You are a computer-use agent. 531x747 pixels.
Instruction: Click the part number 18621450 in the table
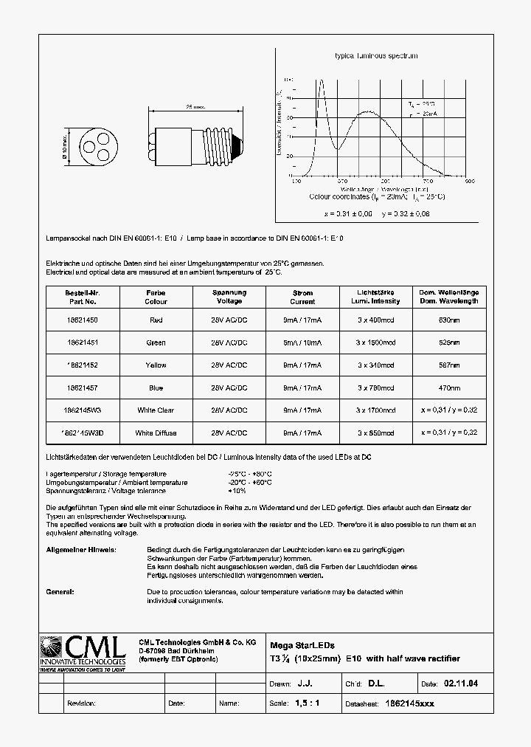(81, 320)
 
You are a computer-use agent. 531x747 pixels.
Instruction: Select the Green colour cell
(156, 342)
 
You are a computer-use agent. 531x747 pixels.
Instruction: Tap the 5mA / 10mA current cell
(302, 342)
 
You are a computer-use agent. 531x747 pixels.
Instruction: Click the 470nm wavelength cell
(449, 388)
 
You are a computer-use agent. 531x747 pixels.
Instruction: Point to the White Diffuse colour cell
(156, 433)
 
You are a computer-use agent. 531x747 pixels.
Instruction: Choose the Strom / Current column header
(302, 297)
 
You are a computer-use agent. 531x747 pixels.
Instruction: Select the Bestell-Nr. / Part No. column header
(81, 297)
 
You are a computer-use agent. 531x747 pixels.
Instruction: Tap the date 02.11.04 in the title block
(460, 684)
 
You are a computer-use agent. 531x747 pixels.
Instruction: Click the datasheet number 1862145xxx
(411, 703)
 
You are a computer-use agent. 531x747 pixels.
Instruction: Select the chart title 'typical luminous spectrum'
(376, 56)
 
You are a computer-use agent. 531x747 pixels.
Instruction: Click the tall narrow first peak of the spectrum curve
(321, 81)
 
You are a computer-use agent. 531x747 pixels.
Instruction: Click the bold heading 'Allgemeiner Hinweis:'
(80, 550)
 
